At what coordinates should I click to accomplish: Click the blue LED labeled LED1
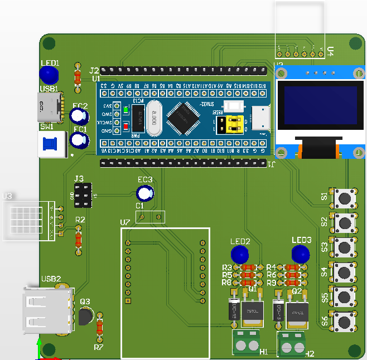[49, 75]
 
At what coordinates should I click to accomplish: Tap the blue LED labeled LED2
[240, 254]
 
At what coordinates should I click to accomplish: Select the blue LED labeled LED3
[301, 254]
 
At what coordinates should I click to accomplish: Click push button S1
[345, 197]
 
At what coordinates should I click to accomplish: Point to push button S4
[345, 272]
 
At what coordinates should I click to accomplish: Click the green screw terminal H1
[247, 344]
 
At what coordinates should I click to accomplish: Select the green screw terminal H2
[292, 346]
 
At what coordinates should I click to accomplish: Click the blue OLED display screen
[320, 105]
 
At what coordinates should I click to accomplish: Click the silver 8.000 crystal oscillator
[153, 118]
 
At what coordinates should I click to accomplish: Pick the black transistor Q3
[85, 316]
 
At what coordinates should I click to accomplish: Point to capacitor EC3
[146, 193]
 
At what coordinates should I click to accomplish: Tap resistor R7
[100, 328]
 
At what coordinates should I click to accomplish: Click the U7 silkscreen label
[125, 223]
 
